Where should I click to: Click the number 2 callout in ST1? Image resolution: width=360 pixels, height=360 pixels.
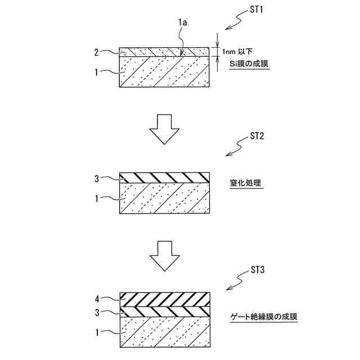click(x=96, y=52)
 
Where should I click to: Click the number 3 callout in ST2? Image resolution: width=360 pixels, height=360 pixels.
click(x=96, y=179)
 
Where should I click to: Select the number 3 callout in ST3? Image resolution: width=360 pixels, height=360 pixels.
click(x=96, y=312)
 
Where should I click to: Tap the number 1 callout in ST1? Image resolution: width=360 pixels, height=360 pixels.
click(x=96, y=72)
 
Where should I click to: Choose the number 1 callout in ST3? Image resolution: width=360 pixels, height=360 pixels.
click(x=96, y=333)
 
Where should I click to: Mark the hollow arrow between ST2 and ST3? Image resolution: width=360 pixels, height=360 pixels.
click(x=164, y=256)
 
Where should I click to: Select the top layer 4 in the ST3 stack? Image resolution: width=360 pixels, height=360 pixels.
click(x=164, y=299)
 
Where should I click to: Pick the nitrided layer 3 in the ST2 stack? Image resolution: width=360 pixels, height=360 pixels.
click(x=164, y=178)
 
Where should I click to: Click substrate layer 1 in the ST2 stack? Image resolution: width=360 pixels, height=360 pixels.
click(x=164, y=199)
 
